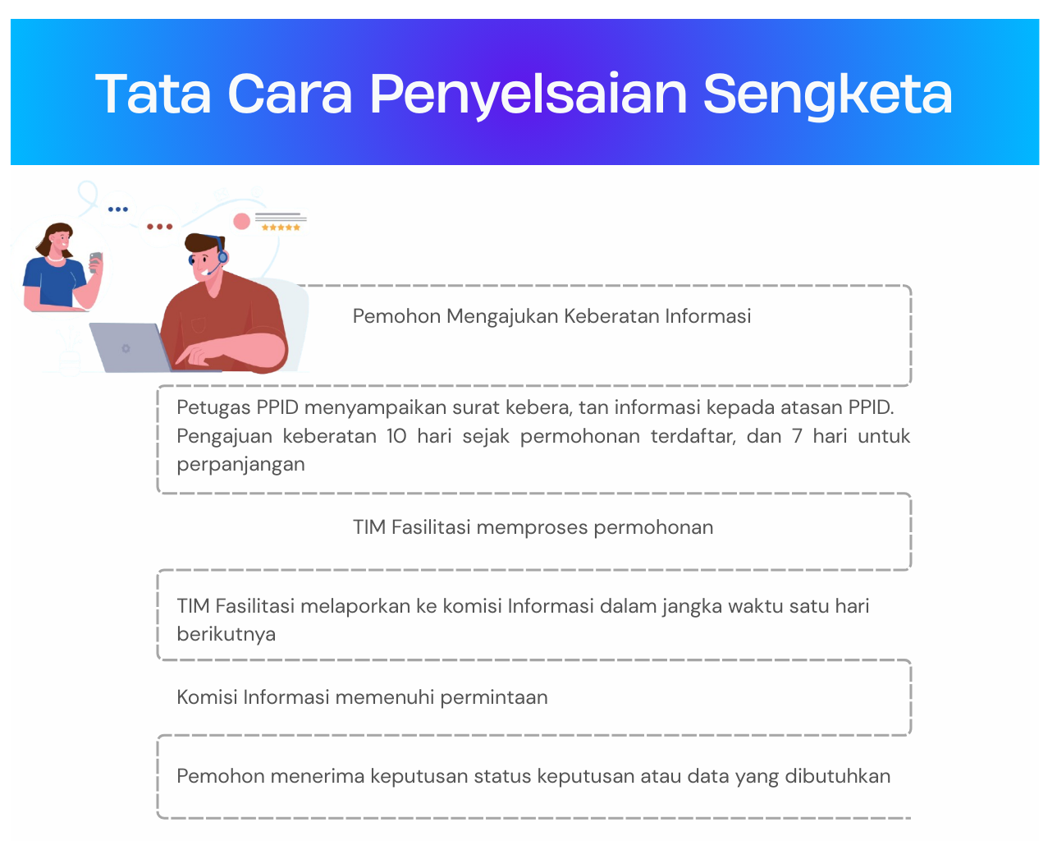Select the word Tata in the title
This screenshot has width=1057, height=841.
[x=153, y=94]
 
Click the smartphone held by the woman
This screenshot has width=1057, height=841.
[x=96, y=261]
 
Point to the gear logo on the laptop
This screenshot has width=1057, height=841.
[x=126, y=348]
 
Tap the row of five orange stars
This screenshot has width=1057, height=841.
[x=281, y=227]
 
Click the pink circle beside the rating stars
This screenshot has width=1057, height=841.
[x=241, y=221]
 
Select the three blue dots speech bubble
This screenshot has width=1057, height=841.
[x=118, y=209]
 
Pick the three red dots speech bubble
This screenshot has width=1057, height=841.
[x=159, y=227]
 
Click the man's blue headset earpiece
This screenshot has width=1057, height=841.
[x=222, y=256]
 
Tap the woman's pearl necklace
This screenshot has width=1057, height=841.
[x=55, y=258]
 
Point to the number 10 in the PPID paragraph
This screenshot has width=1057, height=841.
[x=396, y=436]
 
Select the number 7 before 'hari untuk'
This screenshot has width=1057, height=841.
[x=797, y=436]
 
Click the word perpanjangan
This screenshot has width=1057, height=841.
[x=240, y=465]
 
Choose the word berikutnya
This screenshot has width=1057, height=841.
[x=226, y=634]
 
